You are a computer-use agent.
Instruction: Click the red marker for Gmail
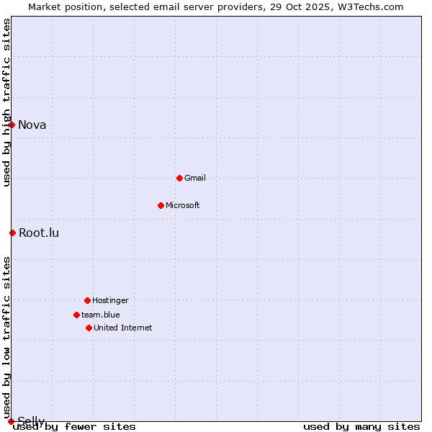point(179,178)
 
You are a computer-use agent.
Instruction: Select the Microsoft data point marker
point(161,205)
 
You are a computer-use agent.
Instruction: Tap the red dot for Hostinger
point(87,300)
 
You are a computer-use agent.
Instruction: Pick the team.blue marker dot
point(76,315)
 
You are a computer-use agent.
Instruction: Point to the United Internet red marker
point(89,328)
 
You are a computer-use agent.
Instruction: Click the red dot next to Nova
point(12,125)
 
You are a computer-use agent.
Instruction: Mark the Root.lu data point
point(12,233)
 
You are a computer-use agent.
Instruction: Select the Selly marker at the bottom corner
point(11,421)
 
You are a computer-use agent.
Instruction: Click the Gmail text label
point(195,178)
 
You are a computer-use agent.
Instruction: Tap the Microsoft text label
point(183,205)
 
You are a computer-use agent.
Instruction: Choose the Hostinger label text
point(110,300)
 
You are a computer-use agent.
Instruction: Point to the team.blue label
point(101,315)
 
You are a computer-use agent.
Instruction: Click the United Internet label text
point(123,328)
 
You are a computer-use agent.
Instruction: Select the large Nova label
point(32,125)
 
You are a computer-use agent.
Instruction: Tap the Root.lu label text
point(39,233)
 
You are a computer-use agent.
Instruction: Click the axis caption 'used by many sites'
point(361,427)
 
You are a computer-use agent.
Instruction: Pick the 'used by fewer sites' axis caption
point(75,427)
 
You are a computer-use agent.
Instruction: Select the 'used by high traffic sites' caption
point(6,102)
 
